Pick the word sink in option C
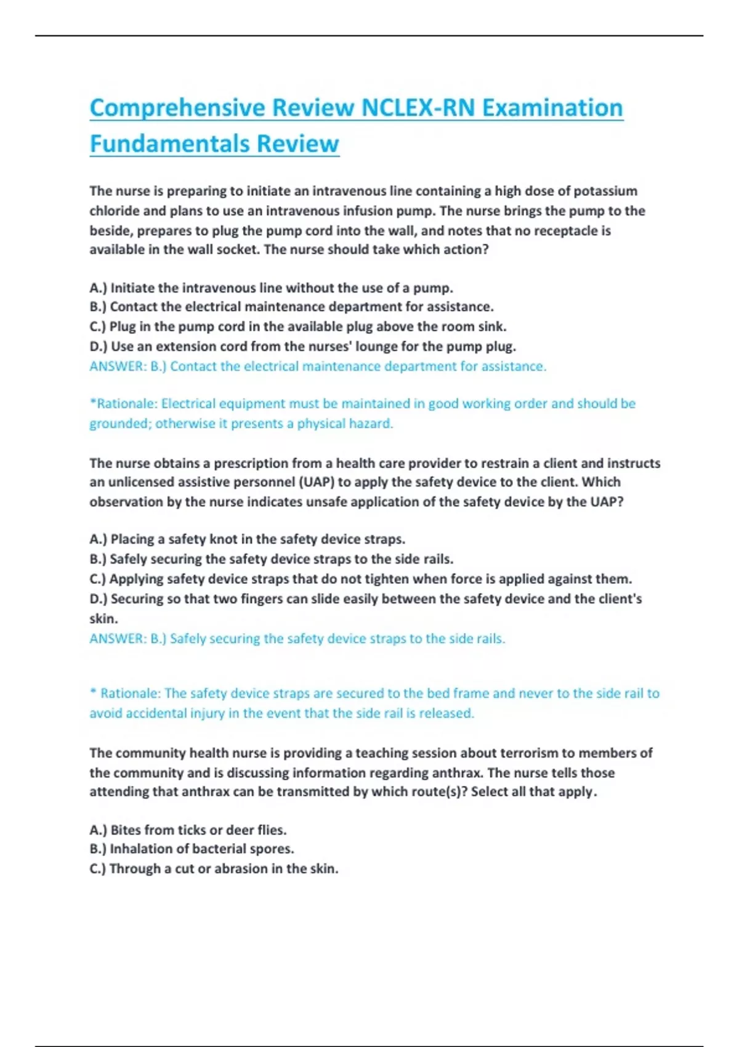coord(491,326)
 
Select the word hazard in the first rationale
coord(373,424)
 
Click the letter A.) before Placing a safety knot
coord(98,540)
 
